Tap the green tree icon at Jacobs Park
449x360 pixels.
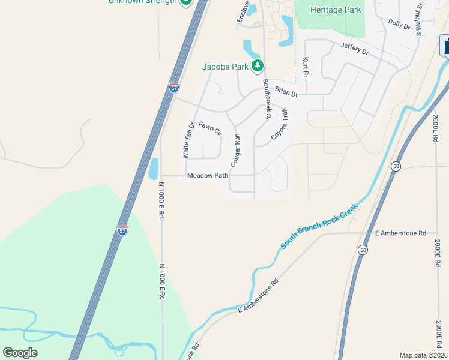(258, 65)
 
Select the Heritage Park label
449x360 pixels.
(336, 10)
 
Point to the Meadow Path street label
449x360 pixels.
(208, 176)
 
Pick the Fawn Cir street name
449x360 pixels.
(210, 128)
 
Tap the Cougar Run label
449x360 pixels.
(235, 150)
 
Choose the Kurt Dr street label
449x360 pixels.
(306, 67)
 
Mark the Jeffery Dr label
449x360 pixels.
(354, 49)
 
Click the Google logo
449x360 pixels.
(20, 352)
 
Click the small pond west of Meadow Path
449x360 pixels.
(153, 169)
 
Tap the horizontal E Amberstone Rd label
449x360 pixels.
(400, 233)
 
